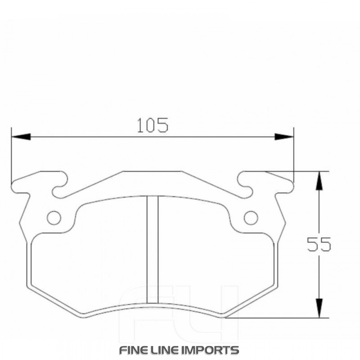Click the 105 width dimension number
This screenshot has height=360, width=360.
(x=152, y=125)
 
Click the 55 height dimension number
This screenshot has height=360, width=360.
(x=319, y=245)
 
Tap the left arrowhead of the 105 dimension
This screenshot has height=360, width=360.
(x=21, y=137)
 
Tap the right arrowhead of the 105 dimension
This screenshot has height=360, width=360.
(x=284, y=137)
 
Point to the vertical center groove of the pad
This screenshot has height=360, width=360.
(x=153, y=248)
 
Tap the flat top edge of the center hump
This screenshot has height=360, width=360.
(x=152, y=172)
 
